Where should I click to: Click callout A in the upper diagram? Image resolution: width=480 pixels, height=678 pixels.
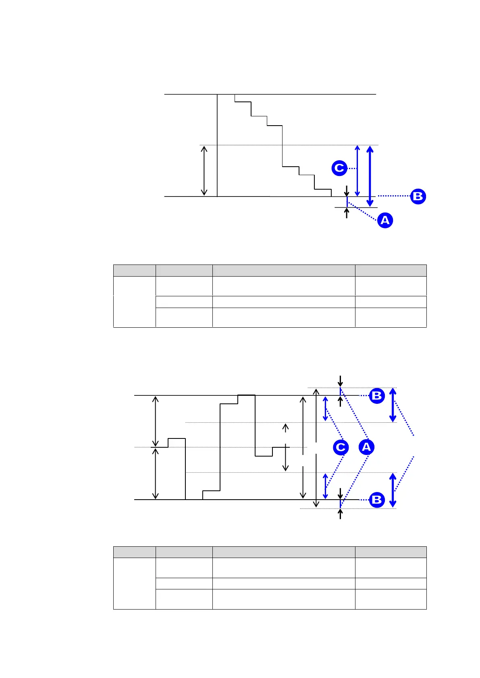pyautogui.click(x=385, y=220)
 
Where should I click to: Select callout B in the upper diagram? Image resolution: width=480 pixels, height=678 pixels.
pyautogui.click(x=418, y=196)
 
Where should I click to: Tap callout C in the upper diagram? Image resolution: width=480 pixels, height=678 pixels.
pyautogui.click(x=339, y=167)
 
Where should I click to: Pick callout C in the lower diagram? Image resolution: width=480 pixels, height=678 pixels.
pyautogui.click(x=341, y=447)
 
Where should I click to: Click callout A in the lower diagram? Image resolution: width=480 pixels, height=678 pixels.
pyautogui.click(x=366, y=447)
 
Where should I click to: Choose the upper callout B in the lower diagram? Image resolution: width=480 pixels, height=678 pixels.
pyautogui.click(x=377, y=396)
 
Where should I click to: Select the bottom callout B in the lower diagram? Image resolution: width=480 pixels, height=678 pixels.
pyautogui.click(x=377, y=500)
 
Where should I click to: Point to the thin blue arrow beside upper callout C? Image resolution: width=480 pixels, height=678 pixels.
pyautogui.click(x=357, y=171)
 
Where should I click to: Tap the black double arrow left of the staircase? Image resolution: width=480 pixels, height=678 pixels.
pyautogui.click(x=204, y=171)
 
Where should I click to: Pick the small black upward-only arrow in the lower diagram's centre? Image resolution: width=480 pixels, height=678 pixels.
pyautogui.click(x=286, y=428)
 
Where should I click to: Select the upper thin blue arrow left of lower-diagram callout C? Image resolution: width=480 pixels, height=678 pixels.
pyautogui.click(x=325, y=409)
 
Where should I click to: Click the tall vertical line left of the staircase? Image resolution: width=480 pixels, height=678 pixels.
pyautogui.click(x=217, y=145)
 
